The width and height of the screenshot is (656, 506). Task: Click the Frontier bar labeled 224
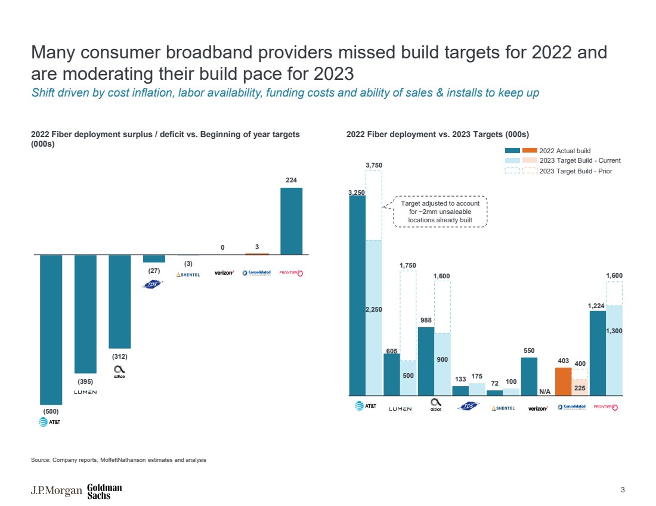[292, 221]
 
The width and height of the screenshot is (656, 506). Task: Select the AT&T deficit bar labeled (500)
[51, 330]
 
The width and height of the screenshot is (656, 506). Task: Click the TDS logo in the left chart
[154, 284]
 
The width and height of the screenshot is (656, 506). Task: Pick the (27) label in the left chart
[154, 270]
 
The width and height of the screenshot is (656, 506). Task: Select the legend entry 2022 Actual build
[564, 151]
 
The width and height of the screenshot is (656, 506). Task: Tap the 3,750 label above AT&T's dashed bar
[374, 165]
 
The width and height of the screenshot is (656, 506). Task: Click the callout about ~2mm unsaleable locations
[440, 212]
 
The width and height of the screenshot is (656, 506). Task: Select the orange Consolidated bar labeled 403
[563, 381]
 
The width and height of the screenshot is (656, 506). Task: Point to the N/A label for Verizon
[544, 392]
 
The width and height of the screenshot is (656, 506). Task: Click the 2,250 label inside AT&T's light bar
[374, 309]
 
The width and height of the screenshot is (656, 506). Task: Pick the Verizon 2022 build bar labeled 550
[529, 376]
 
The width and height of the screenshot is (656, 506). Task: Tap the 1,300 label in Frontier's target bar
[614, 331]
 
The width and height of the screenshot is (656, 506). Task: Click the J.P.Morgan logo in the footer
[57, 491]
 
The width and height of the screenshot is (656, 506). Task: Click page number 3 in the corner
[623, 491]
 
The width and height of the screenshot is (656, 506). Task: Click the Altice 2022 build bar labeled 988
[426, 361]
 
